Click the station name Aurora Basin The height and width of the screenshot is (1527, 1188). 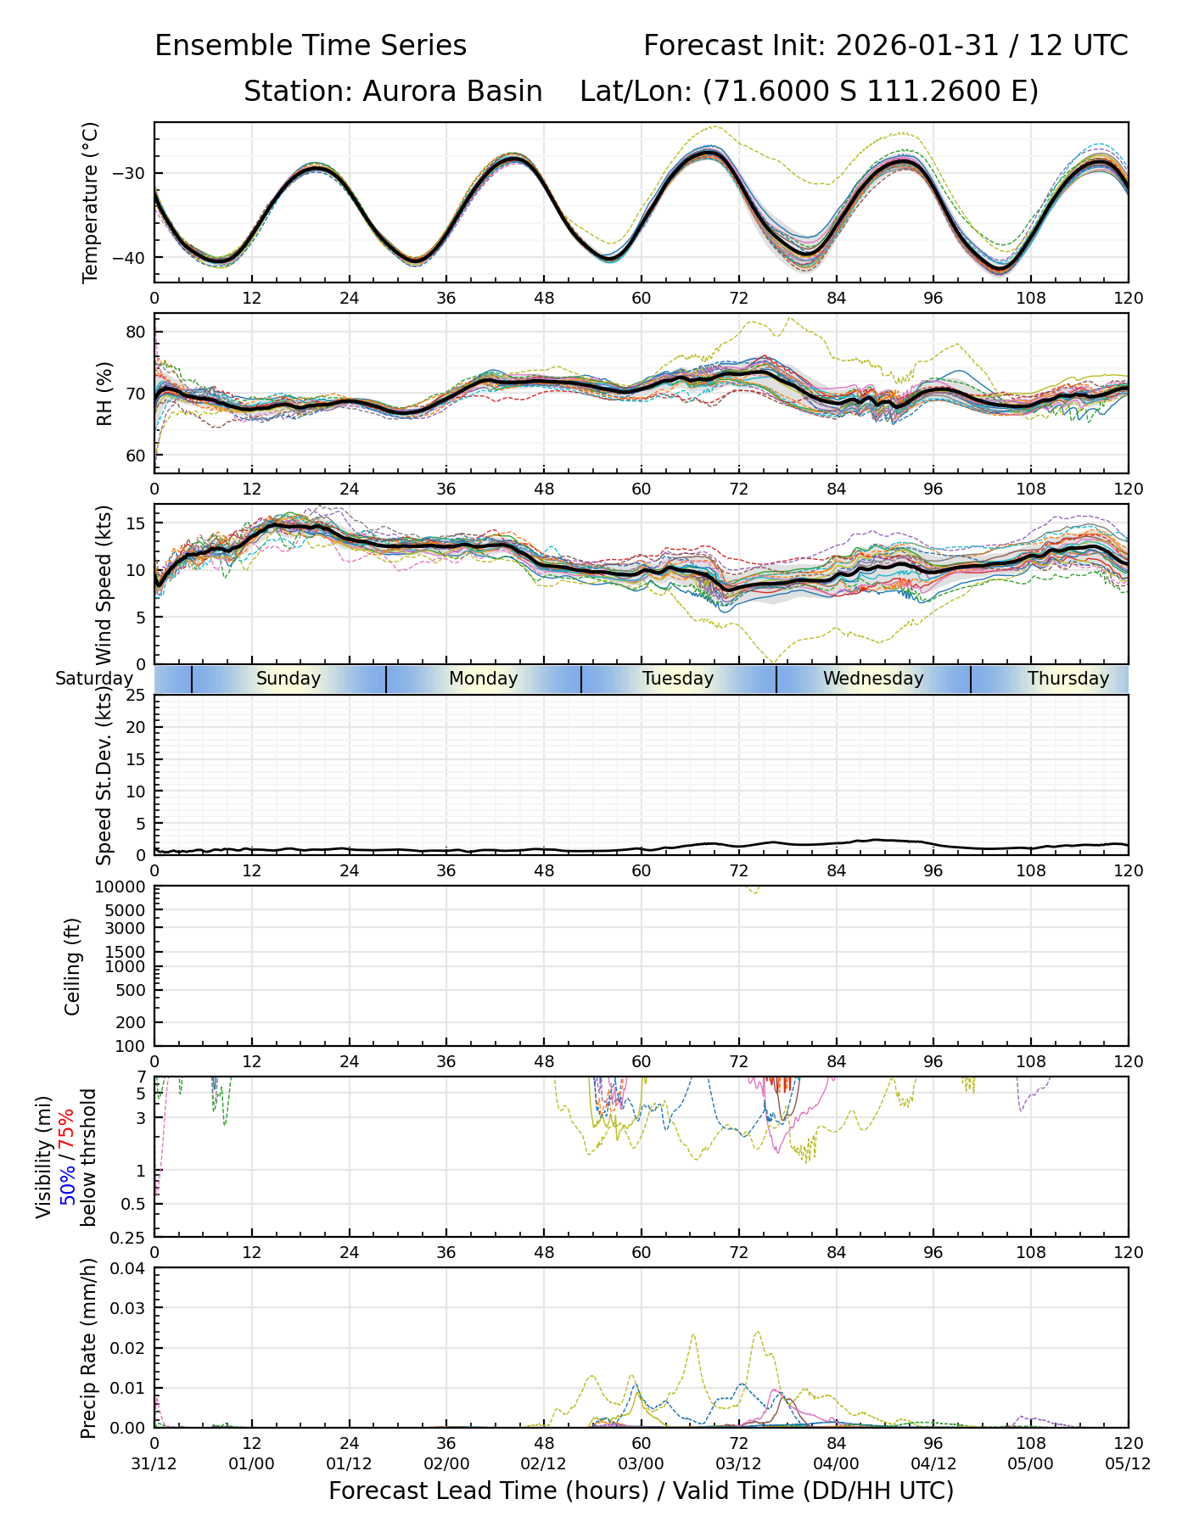point(452,91)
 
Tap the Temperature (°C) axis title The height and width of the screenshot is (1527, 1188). point(91,202)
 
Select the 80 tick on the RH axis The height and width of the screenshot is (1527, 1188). point(136,332)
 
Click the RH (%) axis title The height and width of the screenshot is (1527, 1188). point(105,393)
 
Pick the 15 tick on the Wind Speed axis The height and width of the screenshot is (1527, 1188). point(136,523)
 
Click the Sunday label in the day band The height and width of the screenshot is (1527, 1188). point(289,679)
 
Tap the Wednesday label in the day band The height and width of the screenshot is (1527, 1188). point(873,679)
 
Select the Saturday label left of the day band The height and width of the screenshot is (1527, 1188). point(94,679)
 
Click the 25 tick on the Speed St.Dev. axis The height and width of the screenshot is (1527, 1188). point(136,696)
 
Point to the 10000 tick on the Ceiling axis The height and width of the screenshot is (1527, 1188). point(122,887)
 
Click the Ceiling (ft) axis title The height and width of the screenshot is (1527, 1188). point(73,966)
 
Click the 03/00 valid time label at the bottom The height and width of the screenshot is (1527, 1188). point(641,1463)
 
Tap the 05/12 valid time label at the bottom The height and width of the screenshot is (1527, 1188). point(1128,1463)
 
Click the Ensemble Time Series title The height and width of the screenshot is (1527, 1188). point(311,45)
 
